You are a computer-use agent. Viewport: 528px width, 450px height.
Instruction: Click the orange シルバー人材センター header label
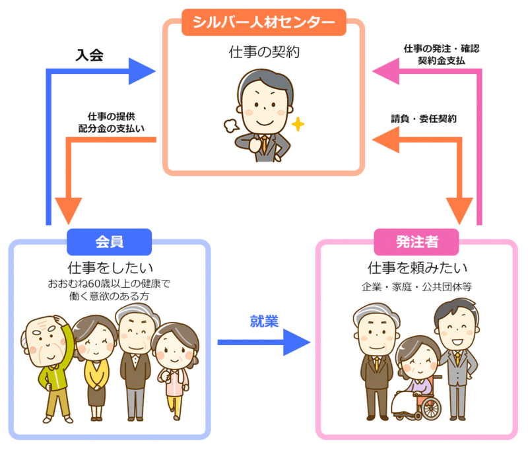pos(264,22)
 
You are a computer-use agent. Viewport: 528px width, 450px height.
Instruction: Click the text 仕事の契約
pos(264,51)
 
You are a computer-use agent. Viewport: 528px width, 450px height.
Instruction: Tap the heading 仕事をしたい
pos(110,268)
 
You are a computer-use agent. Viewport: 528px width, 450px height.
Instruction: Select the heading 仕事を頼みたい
pos(417,268)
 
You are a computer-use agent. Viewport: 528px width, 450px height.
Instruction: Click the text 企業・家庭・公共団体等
pos(416,287)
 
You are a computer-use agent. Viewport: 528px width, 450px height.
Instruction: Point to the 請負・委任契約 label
pos(424,119)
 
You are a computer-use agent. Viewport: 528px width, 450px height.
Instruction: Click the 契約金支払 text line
pos(442,60)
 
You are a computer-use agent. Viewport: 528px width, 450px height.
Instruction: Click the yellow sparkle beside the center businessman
pos(298,123)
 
